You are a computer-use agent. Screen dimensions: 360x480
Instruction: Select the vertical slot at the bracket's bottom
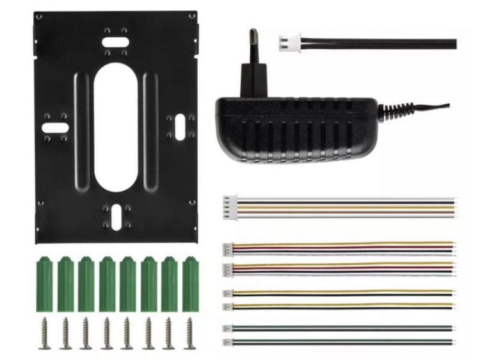point(116,217)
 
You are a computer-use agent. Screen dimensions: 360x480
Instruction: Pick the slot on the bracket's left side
point(54,127)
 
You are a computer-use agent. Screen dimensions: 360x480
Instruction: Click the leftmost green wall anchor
point(44,283)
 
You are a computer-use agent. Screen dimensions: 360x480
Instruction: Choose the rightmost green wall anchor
point(189,283)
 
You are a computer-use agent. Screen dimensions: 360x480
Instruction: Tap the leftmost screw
point(44,333)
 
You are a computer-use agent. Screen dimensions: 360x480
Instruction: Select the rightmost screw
point(189,333)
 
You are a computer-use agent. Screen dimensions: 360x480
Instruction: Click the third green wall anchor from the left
point(86,283)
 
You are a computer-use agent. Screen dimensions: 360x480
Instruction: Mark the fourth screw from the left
point(106,333)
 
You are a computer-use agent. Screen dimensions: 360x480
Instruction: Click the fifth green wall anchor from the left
point(127,283)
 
